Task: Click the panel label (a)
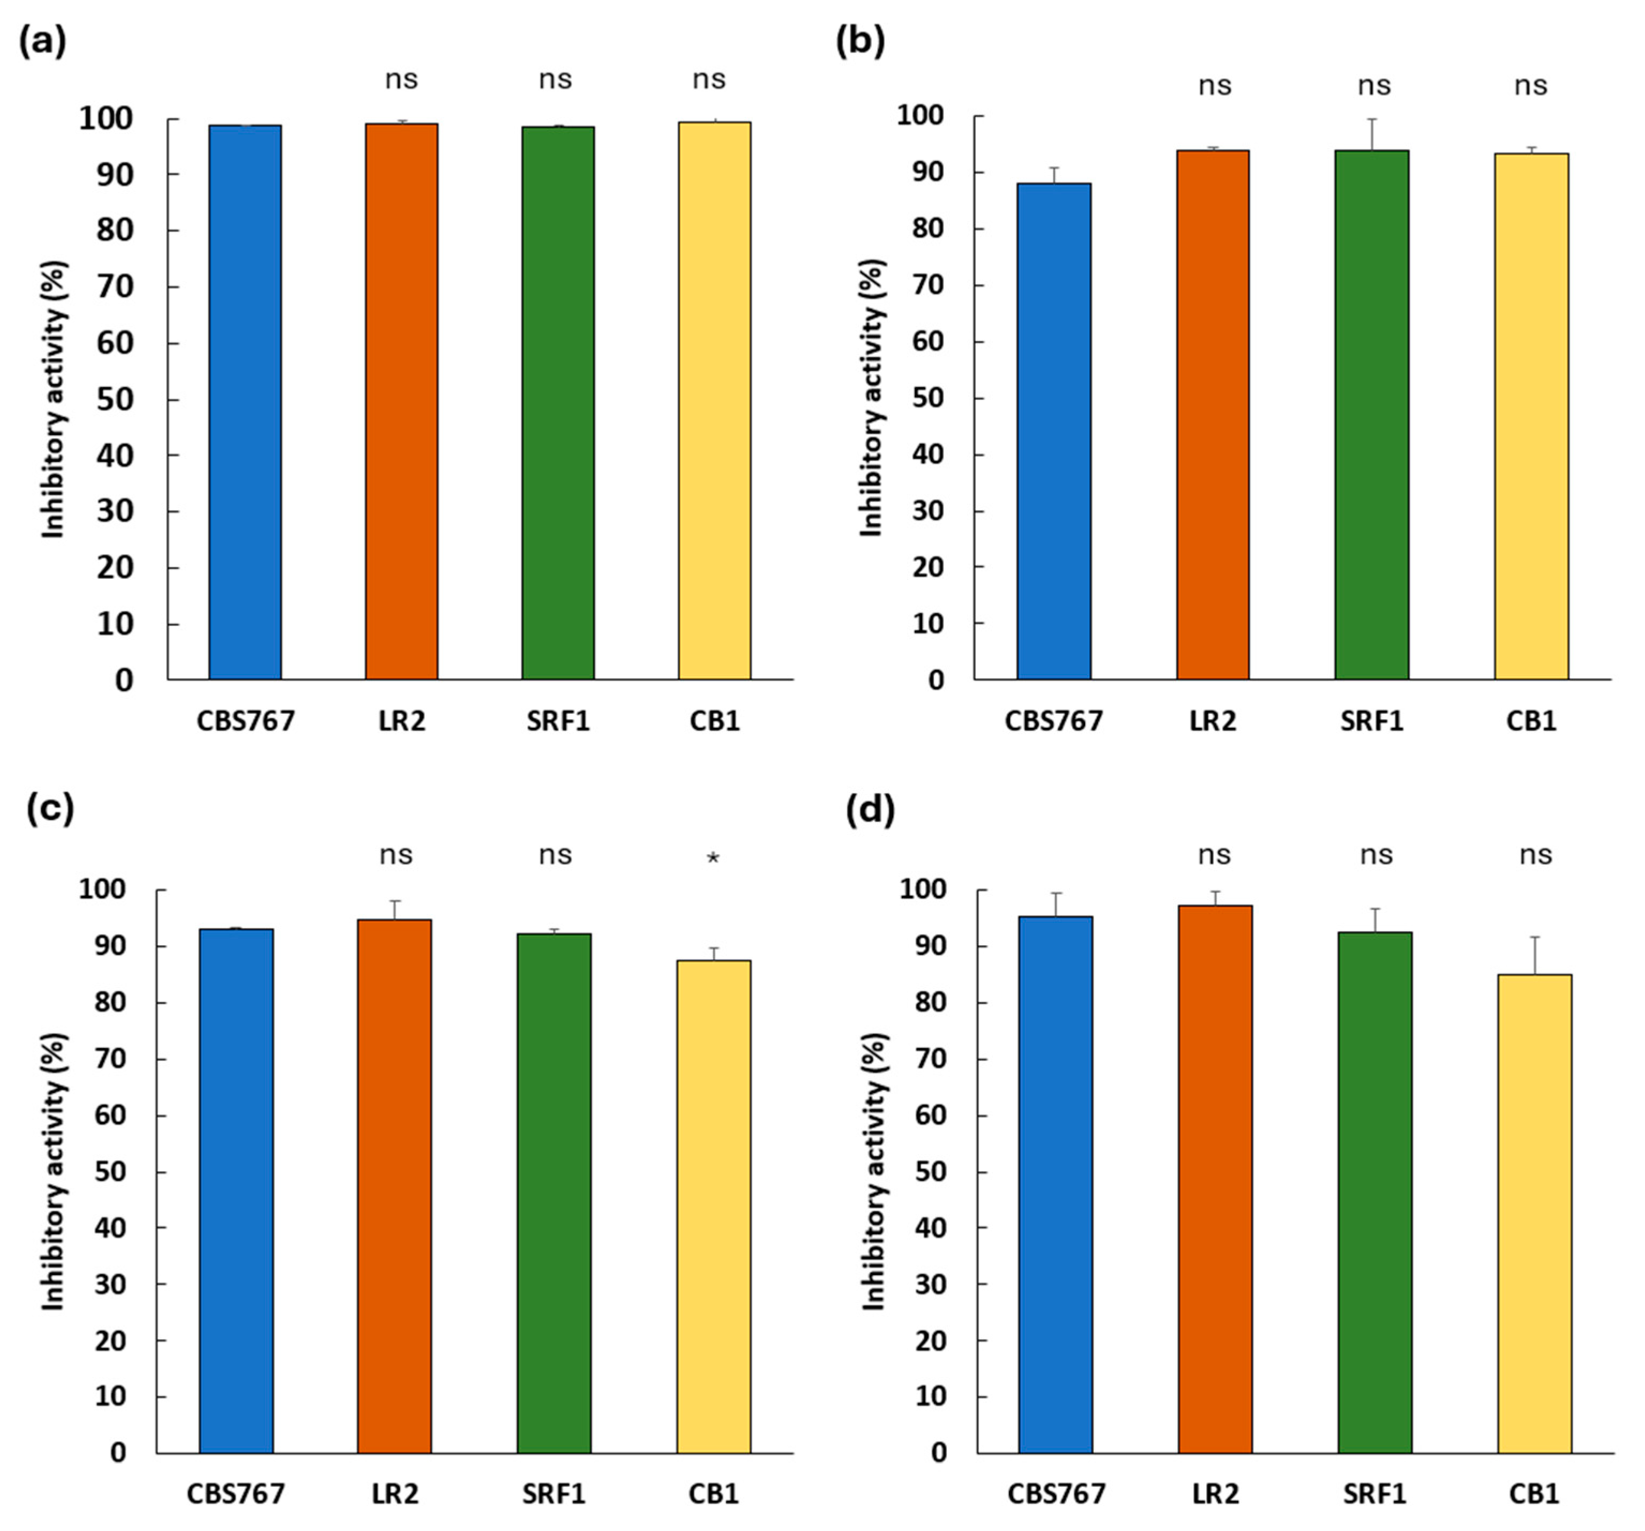click(42, 41)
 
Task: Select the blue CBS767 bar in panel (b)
click(1053, 430)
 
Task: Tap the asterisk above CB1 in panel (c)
click(713, 858)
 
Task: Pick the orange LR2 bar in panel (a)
click(401, 401)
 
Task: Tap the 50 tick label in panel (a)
click(115, 399)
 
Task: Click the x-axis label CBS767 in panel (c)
click(235, 1494)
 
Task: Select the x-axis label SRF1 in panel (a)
click(558, 721)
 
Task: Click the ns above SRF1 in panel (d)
click(1376, 855)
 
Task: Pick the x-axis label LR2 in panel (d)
click(1215, 1494)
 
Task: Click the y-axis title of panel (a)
click(54, 399)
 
